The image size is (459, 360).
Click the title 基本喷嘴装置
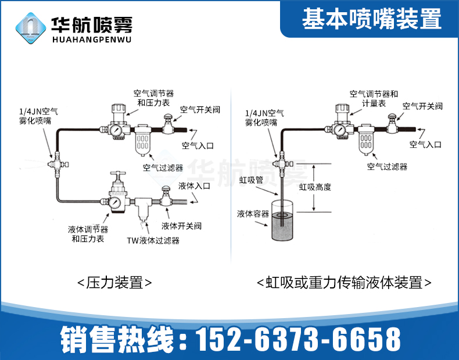click(x=372, y=20)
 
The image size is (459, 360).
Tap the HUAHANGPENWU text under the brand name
click(x=92, y=40)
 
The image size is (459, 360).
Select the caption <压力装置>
click(x=114, y=283)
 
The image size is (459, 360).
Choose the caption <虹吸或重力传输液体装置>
click(x=345, y=283)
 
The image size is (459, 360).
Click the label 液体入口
click(x=194, y=186)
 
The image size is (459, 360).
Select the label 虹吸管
click(x=251, y=181)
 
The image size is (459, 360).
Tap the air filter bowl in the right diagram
click(x=365, y=142)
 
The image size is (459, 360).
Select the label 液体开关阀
click(x=181, y=226)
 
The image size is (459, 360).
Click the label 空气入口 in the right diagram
click(x=425, y=144)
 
